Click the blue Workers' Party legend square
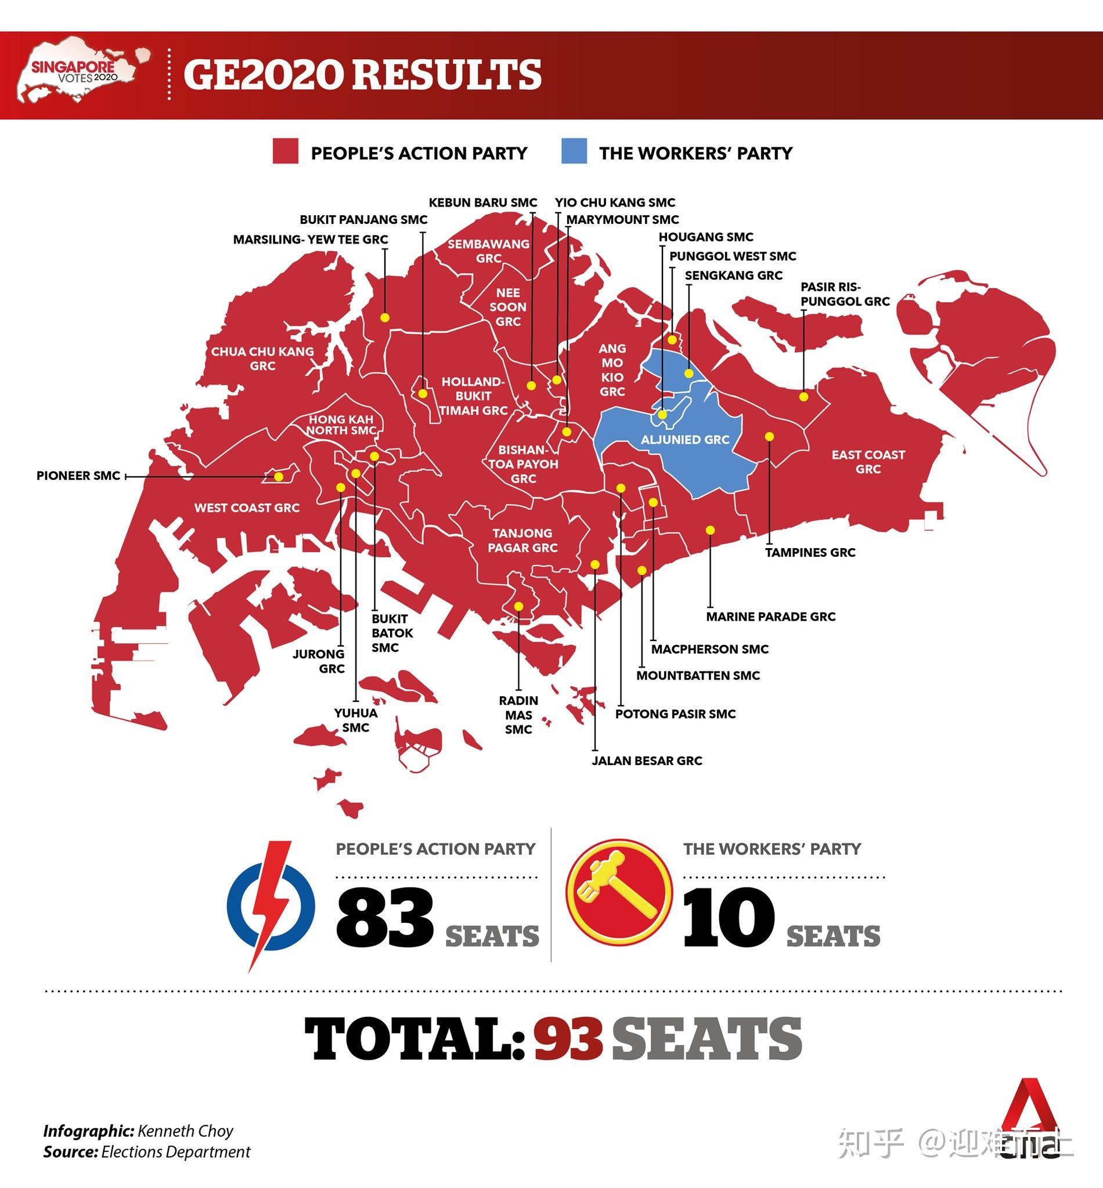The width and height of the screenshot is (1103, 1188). pos(574,151)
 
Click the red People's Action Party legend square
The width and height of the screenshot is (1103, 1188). pos(285,151)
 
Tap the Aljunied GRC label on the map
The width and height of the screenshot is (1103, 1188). pos(685,440)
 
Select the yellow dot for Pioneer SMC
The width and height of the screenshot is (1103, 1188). pos(278,476)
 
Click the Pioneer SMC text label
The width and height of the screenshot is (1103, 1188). pos(78,476)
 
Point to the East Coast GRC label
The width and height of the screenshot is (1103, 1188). pos(868,462)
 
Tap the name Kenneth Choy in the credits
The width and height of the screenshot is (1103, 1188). pos(185,1131)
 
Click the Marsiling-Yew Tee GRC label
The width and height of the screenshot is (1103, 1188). pos(311,240)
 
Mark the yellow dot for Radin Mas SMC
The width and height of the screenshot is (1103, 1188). pos(518,607)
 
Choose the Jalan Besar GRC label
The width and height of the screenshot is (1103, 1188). pos(647,761)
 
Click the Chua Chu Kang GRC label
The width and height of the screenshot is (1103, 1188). pos(262,358)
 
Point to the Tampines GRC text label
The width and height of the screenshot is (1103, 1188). pos(810,553)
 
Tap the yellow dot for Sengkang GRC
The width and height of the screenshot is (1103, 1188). pos(688,374)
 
